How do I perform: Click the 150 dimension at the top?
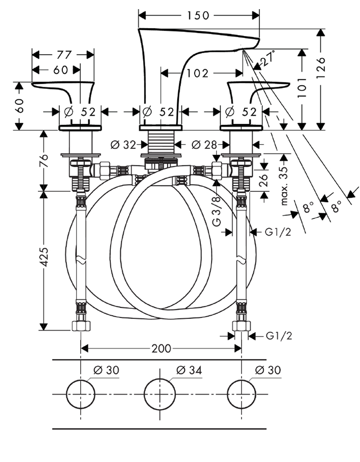198,15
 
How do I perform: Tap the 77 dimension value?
64,55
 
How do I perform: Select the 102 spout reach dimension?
197,73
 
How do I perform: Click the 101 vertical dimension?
302,87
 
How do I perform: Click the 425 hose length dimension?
44,257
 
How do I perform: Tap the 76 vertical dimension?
44,160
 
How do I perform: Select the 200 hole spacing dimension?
161,349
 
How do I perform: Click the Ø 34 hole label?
189,370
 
